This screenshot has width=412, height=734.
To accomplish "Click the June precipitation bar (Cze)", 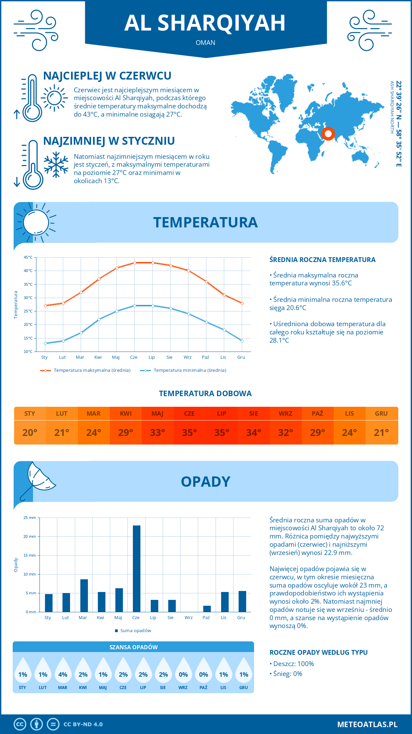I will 137,568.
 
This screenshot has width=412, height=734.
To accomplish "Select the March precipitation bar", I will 84,595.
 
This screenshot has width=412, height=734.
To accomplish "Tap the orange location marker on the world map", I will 328,133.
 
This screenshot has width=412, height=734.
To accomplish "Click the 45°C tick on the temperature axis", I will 28,257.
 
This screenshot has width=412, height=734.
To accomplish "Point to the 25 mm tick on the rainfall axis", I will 30,518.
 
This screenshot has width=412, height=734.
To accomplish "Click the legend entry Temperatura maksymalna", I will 86,370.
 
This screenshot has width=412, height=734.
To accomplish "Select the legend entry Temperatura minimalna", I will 184,370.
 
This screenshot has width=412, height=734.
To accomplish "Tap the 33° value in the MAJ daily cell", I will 158,433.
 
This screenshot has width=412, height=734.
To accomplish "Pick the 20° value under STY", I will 30,433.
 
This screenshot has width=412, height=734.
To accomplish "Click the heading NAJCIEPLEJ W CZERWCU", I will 107,76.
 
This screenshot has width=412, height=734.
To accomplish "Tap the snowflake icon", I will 56,165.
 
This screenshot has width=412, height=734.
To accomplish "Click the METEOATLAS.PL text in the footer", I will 367,724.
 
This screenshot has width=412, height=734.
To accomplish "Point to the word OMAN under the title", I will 205,43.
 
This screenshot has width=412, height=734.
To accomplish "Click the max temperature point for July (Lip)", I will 153,263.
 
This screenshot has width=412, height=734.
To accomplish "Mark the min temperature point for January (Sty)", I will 45,343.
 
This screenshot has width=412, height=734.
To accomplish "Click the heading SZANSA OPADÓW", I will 134,647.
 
